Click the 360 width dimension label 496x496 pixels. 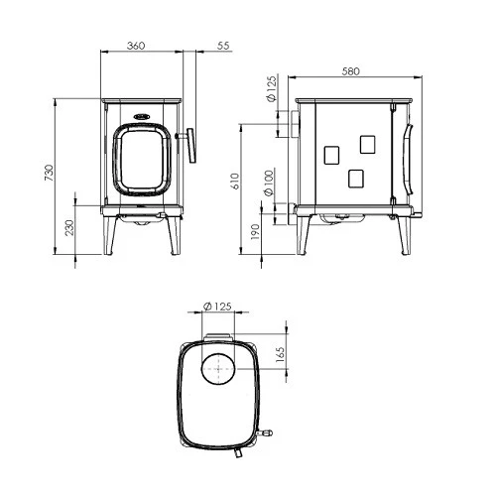pos(136,46)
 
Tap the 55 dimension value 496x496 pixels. pos(223,46)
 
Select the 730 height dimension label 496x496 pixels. pos(49,173)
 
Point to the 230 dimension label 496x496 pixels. pos(69,227)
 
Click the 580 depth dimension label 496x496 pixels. pos(350,71)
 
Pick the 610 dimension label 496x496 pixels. pos(235,182)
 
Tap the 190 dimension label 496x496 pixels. pos(255,231)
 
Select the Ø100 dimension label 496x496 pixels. pos(269,183)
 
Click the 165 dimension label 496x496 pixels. pos(280,355)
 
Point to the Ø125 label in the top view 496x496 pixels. pos(217,307)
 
